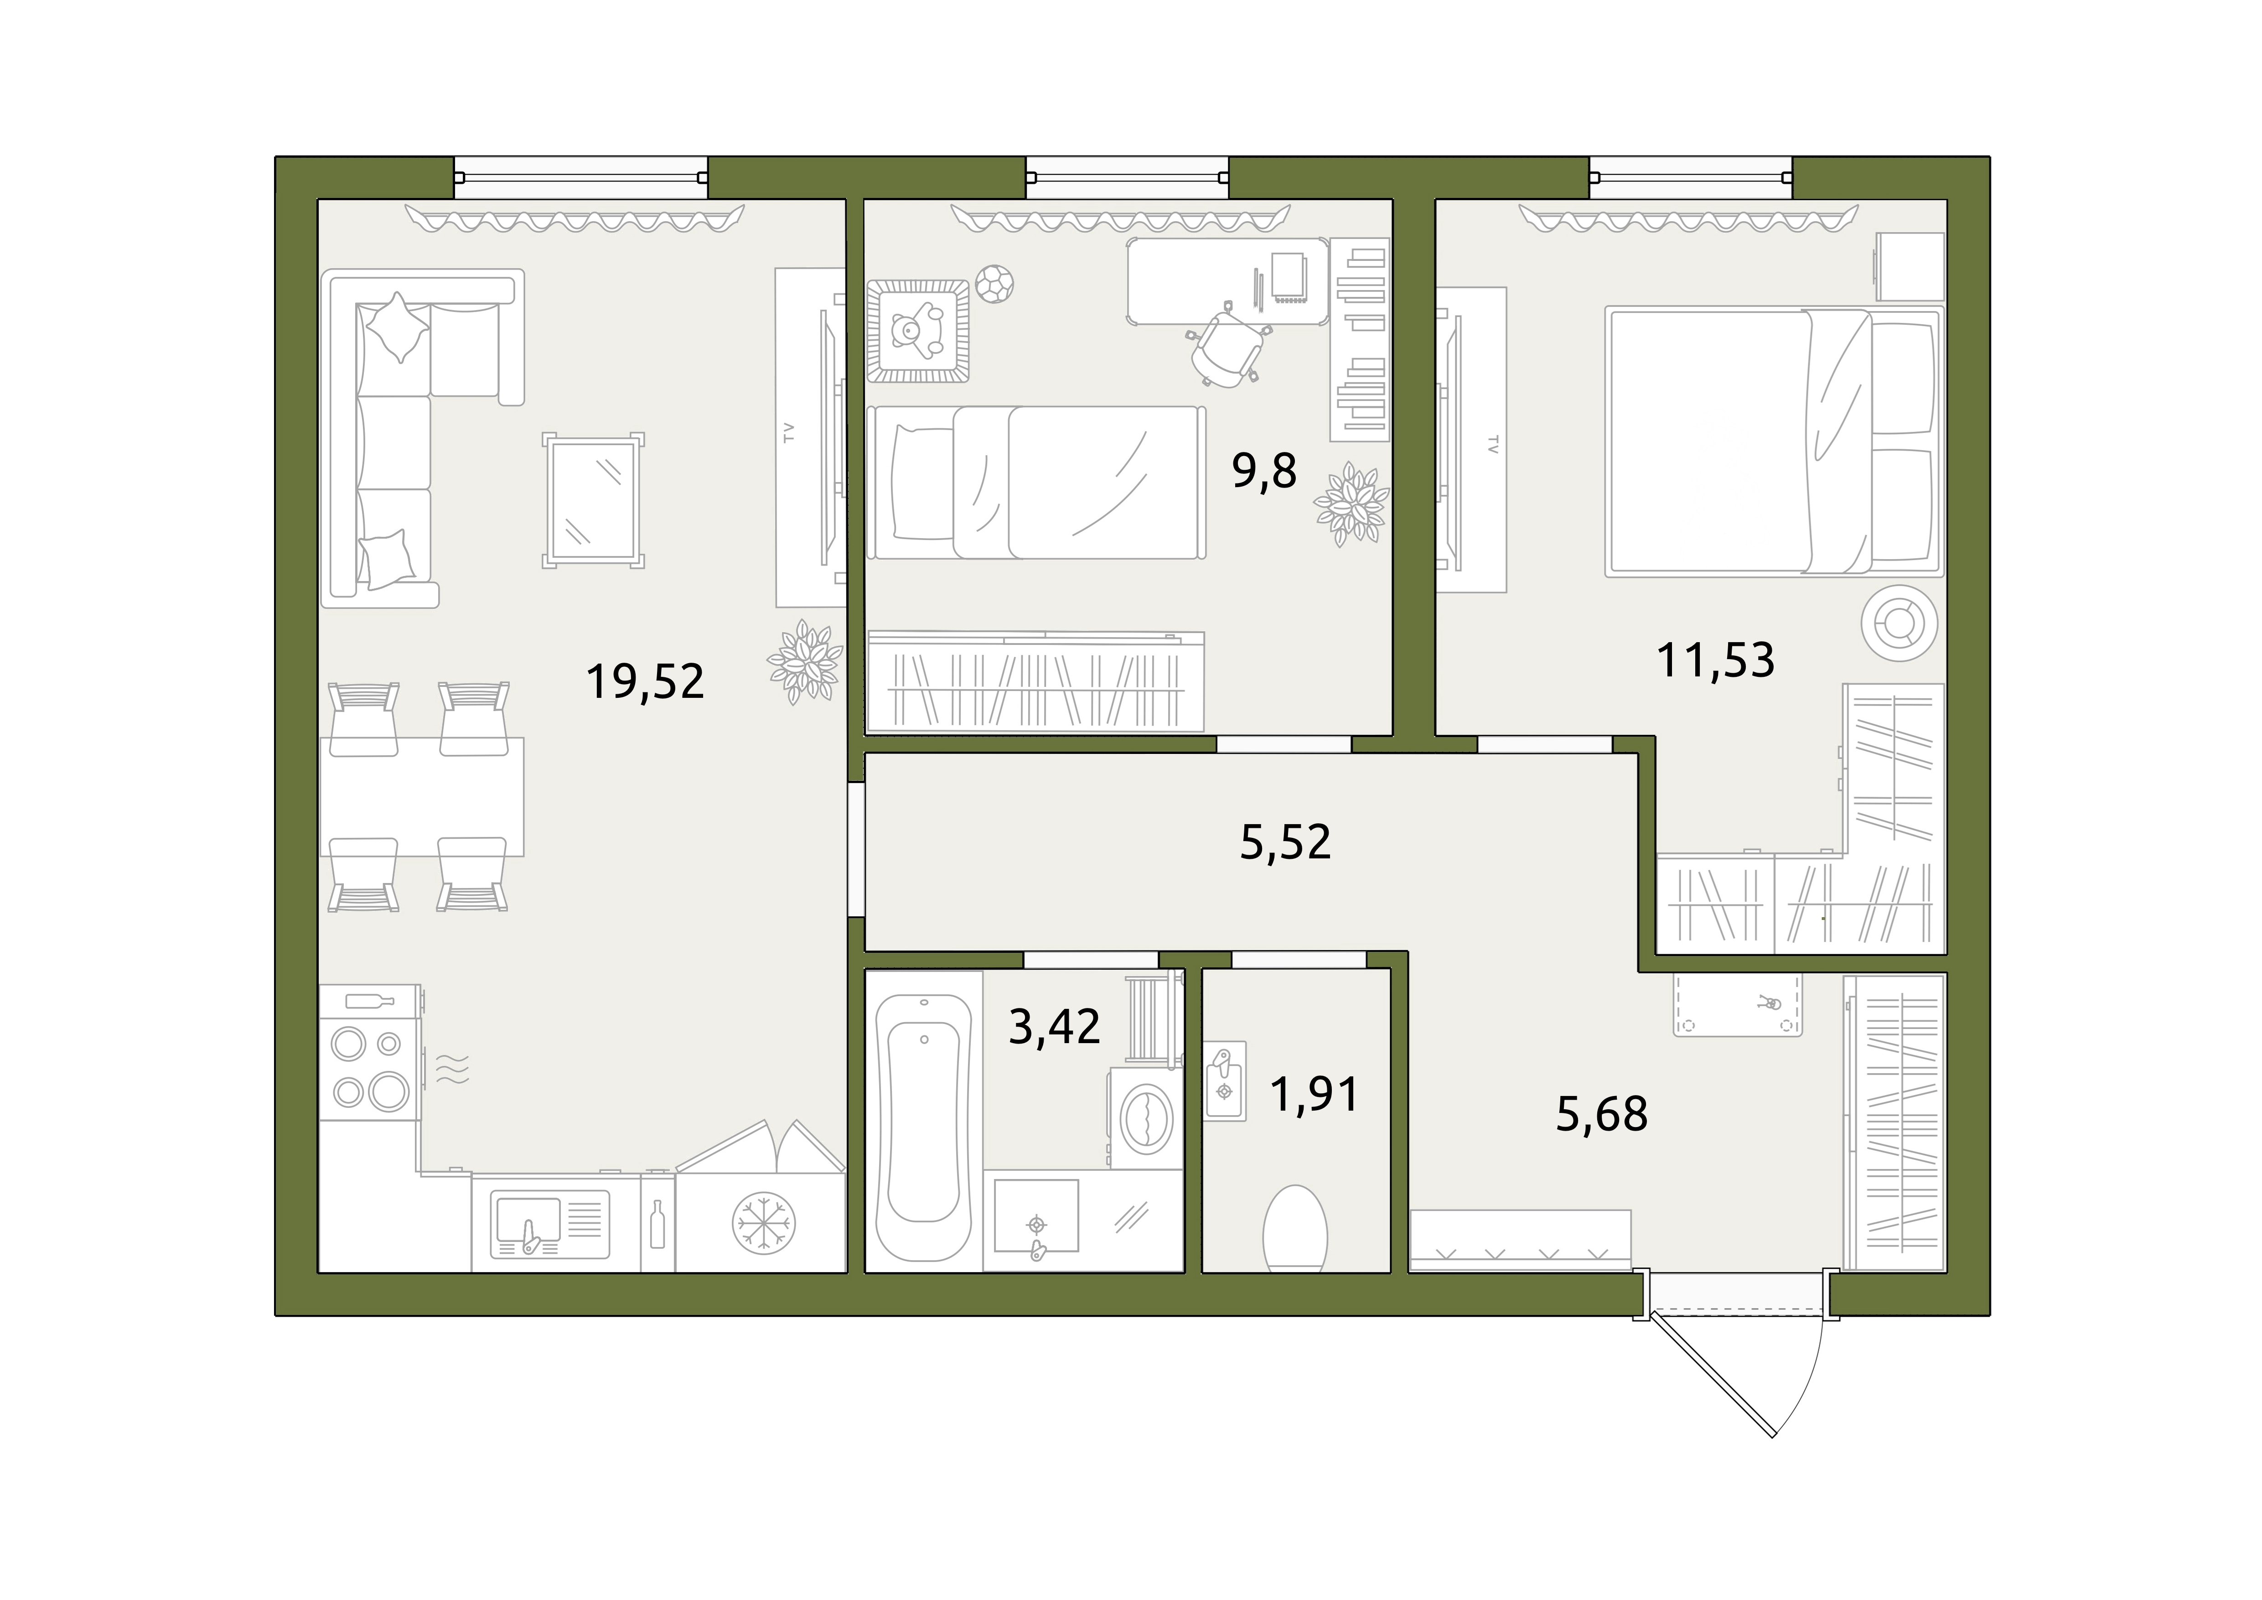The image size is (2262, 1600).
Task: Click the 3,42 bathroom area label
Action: click(x=1054, y=1027)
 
